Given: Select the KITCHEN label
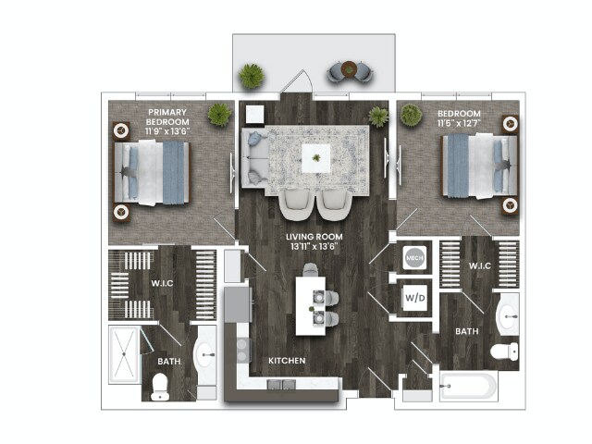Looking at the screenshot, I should click(288, 360).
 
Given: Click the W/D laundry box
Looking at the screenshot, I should click(414, 298).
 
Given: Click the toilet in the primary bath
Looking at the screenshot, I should click(160, 385).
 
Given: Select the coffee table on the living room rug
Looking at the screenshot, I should click(317, 158).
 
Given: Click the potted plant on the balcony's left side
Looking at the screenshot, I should click(252, 76).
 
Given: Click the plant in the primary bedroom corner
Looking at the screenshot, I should click(219, 115).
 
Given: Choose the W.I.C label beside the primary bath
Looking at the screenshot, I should click(164, 282).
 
